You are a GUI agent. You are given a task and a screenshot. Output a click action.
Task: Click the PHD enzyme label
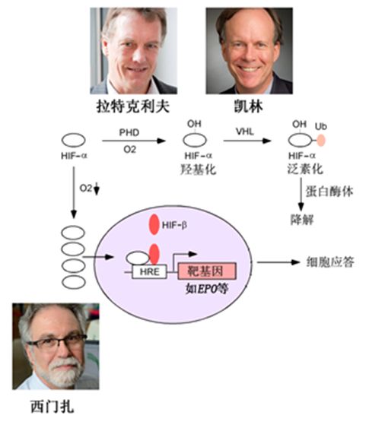tap(129, 132)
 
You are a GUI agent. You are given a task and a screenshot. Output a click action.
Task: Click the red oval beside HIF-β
tap(154, 226)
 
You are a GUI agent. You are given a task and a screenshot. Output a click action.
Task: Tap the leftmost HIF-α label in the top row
tap(72, 157)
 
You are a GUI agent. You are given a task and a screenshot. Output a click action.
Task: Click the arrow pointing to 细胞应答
tap(277, 263)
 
